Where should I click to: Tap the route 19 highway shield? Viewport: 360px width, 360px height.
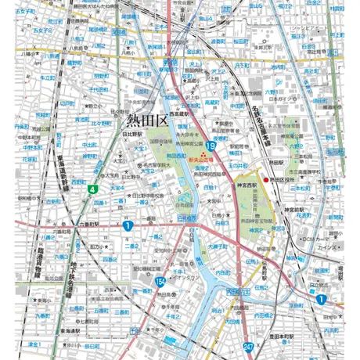[x=211, y=145]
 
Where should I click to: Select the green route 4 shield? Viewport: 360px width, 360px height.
[x=93, y=189]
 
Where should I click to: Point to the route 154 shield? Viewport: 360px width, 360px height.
[x=160, y=280]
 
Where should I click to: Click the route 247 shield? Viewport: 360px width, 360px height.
[x=247, y=347]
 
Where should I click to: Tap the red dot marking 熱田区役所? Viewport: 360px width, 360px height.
[x=265, y=179]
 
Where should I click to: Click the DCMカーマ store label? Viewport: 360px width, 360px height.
[x=311, y=237]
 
